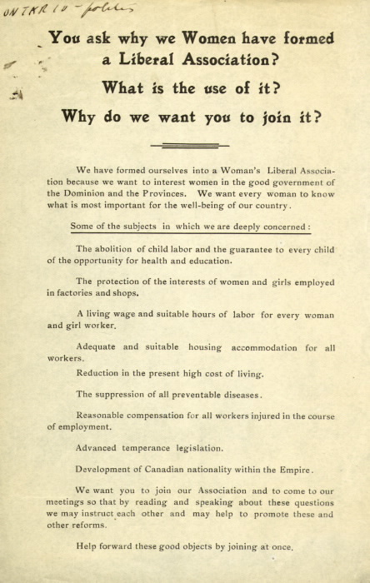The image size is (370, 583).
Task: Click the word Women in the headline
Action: (206, 38)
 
